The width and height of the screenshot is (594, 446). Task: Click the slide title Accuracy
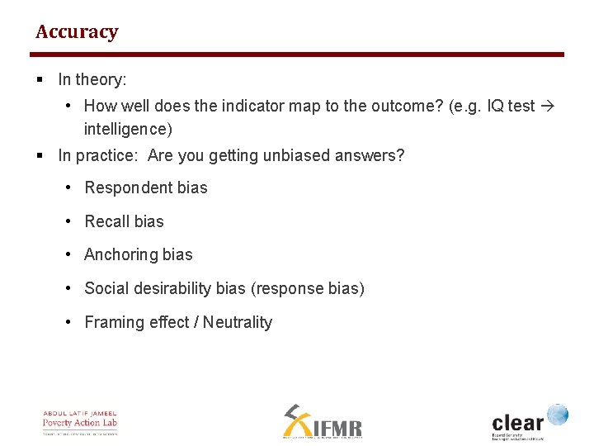click(x=77, y=32)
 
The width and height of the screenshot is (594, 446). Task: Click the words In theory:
click(x=92, y=80)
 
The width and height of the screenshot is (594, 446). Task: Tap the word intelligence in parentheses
click(x=128, y=129)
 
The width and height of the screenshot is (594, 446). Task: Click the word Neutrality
click(x=238, y=322)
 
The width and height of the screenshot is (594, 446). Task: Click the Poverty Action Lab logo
click(x=80, y=422)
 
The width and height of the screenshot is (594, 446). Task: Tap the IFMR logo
click(x=323, y=422)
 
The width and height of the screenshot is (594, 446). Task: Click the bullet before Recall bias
click(x=70, y=221)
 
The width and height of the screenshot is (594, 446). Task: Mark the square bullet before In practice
click(x=40, y=155)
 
